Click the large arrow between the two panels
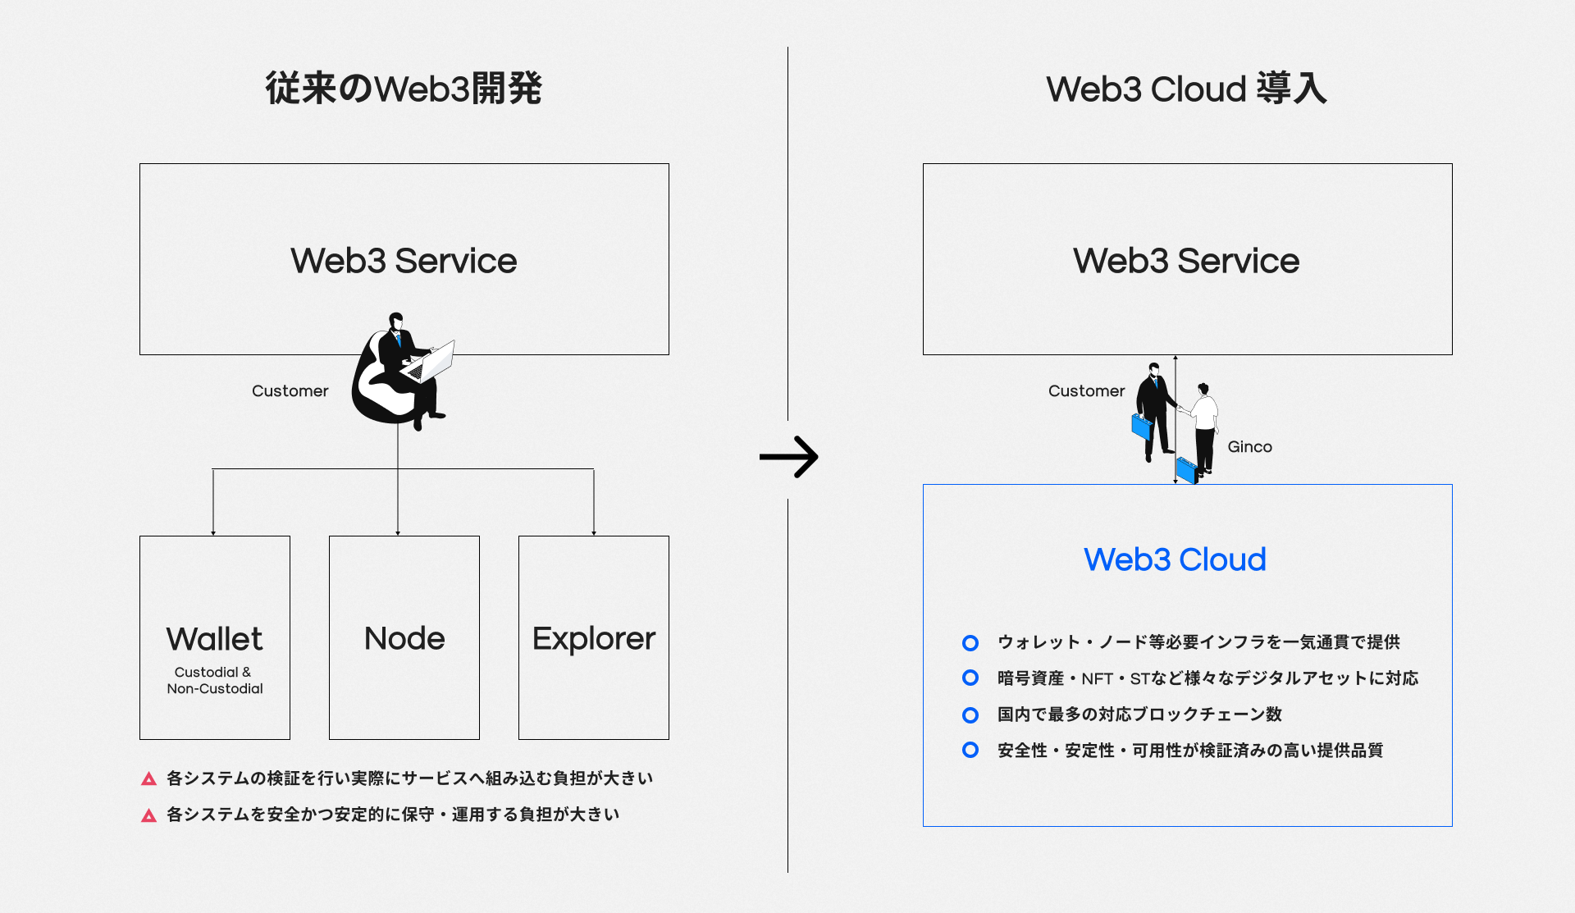(788, 457)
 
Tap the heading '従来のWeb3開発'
(404, 89)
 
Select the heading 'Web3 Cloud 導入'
(1186, 89)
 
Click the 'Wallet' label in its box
(214, 639)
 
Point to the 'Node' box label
(404, 638)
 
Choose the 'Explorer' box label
(594, 638)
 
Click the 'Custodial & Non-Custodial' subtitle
(214, 680)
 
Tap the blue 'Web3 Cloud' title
(1175, 559)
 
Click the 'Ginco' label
(1249, 447)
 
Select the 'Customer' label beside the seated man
(290, 391)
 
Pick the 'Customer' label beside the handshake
(1086, 391)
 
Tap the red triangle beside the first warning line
(148, 778)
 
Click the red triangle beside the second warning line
(148, 815)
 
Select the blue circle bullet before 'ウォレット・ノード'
(970, 642)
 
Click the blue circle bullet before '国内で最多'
(970, 714)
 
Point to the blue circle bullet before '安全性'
(970, 750)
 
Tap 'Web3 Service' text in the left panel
(404, 261)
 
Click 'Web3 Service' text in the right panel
(1186, 261)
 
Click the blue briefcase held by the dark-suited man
(1141, 427)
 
